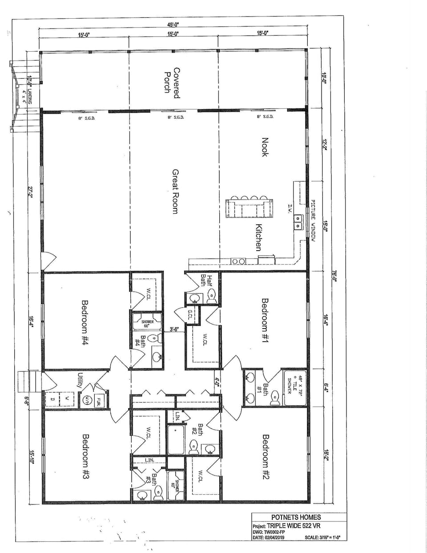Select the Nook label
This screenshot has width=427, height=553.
(265, 147)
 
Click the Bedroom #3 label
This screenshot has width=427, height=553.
(86, 456)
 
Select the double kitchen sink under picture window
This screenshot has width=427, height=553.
(298, 221)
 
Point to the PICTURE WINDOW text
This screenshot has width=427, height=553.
(313, 220)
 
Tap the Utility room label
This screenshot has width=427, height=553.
(81, 380)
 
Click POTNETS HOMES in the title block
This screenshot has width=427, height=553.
(296, 517)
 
